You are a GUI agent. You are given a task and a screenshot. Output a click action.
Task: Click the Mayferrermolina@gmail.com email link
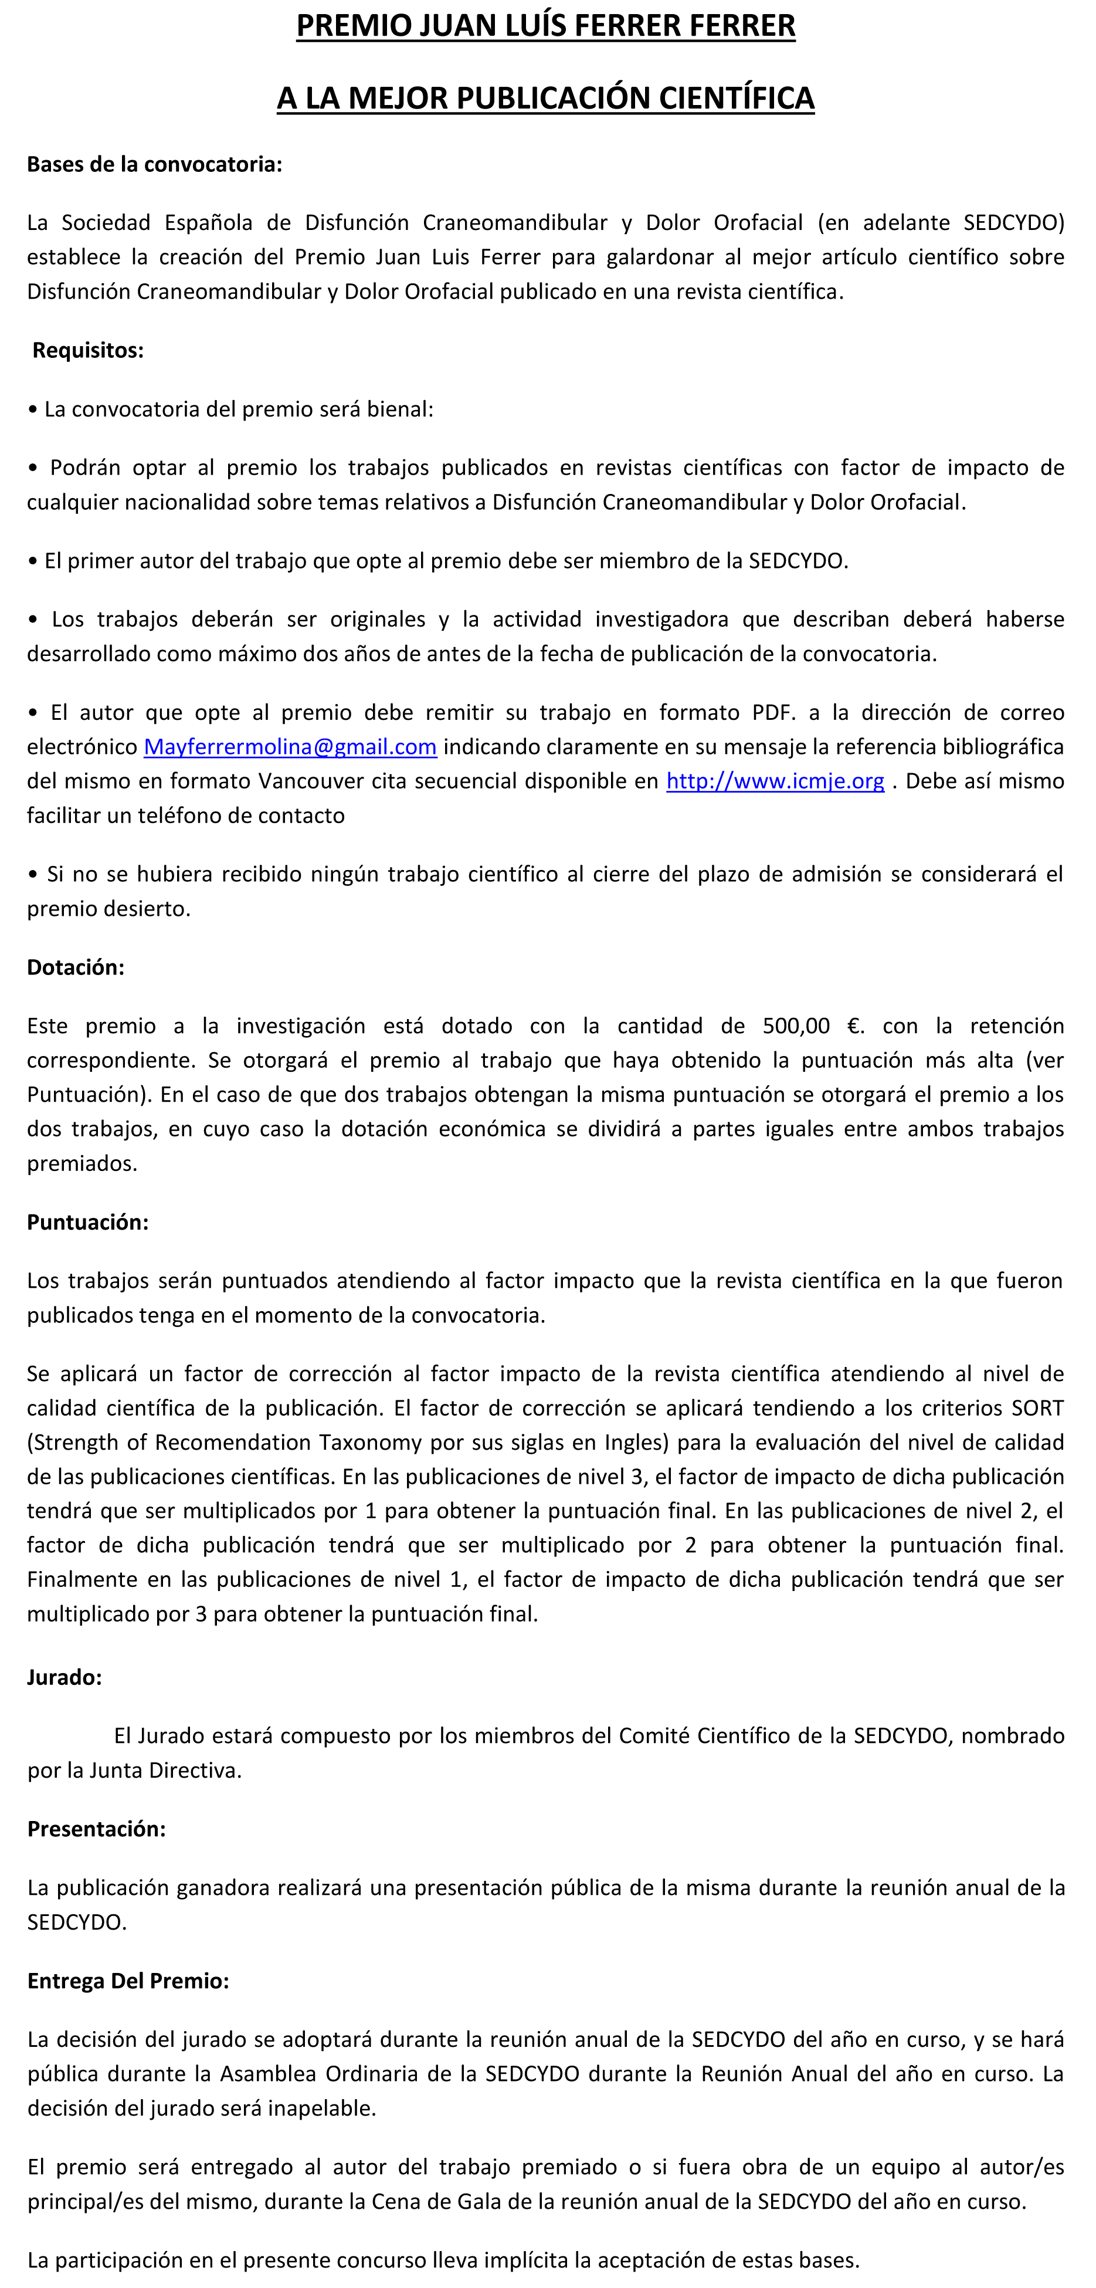click(x=290, y=747)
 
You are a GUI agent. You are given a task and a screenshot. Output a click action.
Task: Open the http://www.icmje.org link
click(x=775, y=781)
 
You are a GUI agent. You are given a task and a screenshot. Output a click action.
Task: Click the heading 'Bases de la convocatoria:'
click(x=155, y=164)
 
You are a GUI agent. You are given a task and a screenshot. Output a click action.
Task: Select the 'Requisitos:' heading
click(x=88, y=350)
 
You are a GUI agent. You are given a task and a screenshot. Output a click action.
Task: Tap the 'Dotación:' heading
click(x=76, y=967)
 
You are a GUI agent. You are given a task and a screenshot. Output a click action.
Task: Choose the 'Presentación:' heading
click(x=97, y=1829)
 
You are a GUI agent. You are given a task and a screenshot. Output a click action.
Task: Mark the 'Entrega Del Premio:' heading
click(x=128, y=1981)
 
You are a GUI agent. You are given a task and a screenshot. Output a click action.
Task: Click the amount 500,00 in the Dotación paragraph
click(x=796, y=1026)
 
